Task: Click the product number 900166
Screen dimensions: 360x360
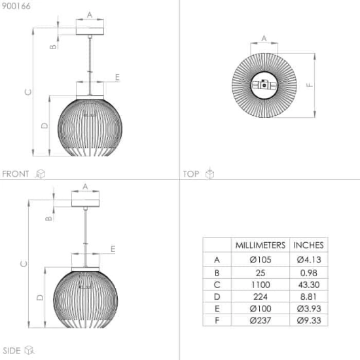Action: pyautogui.click(x=16, y=6)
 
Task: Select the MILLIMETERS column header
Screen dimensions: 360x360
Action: pyautogui.click(x=261, y=245)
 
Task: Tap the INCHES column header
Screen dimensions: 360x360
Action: pyautogui.click(x=308, y=245)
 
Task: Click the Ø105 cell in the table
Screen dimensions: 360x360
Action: pyautogui.click(x=261, y=260)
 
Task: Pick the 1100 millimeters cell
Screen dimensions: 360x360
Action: pyautogui.click(x=261, y=285)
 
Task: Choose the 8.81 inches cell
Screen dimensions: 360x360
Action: pyautogui.click(x=308, y=297)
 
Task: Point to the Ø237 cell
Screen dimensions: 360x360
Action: pyautogui.click(x=261, y=320)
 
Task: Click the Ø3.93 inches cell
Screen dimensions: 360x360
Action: pyautogui.click(x=308, y=308)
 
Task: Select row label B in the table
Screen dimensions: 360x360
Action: pyautogui.click(x=217, y=273)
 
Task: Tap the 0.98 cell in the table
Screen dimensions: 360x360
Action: pyautogui.click(x=308, y=273)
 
